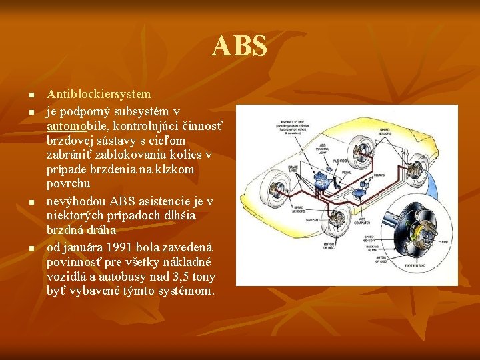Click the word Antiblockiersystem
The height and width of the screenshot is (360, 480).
(99, 95)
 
